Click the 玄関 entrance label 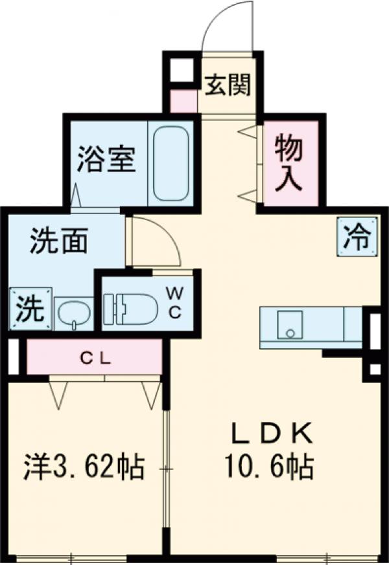[x=228, y=85]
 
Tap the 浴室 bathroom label [x=106, y=160]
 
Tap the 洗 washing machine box [x=30, y=307]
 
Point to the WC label [x=174, y=302]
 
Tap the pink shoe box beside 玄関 [x=183, y=102]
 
